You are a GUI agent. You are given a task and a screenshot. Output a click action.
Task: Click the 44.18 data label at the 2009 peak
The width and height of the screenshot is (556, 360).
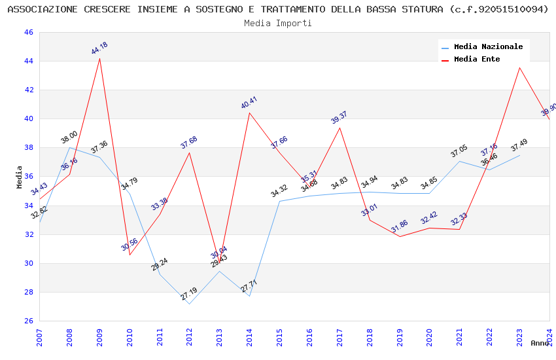(x=99, y=48)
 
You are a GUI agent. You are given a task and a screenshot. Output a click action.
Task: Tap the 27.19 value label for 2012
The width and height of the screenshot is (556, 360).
(x=188, y=294)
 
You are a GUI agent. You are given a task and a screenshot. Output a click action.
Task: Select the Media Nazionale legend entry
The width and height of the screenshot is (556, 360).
(x=488, y=46)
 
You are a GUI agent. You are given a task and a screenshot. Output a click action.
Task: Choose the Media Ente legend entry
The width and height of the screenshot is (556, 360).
(x=477, y=59)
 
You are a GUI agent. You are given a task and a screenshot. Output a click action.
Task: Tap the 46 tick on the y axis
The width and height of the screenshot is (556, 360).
(x=28, y=33)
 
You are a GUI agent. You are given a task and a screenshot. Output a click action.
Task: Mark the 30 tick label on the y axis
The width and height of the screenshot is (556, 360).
(x=28, y=263)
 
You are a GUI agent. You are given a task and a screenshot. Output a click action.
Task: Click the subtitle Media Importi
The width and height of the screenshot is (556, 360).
(x=278, y=23)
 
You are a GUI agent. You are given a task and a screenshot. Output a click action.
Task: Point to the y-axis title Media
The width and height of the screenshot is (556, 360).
(x=19, y=177)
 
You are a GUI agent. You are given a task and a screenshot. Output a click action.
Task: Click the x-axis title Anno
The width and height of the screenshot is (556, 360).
(x=540, y=343)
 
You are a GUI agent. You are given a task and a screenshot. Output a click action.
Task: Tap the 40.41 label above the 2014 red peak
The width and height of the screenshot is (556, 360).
(x=249, y=103)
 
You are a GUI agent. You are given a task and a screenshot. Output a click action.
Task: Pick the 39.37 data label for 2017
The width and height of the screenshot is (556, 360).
(x=339, y=117)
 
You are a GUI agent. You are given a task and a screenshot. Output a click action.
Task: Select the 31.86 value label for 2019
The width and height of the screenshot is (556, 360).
(x=399, y=226)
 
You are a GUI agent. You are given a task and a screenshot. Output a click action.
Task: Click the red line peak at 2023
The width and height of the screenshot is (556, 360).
(x=519, y=68)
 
